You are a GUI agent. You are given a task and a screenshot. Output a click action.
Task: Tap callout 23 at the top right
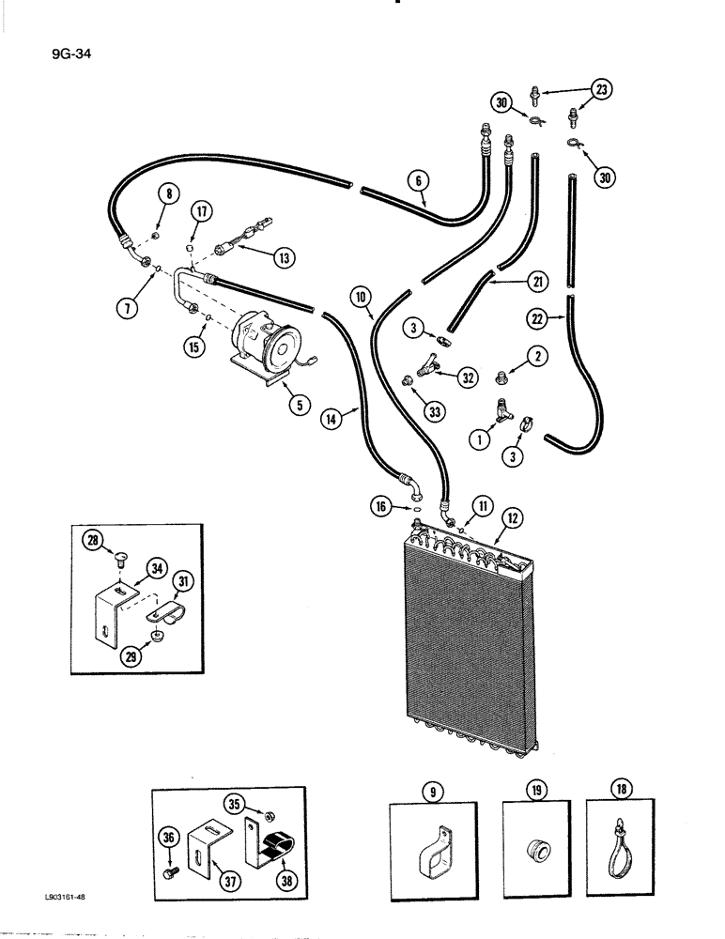coord(601,91)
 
